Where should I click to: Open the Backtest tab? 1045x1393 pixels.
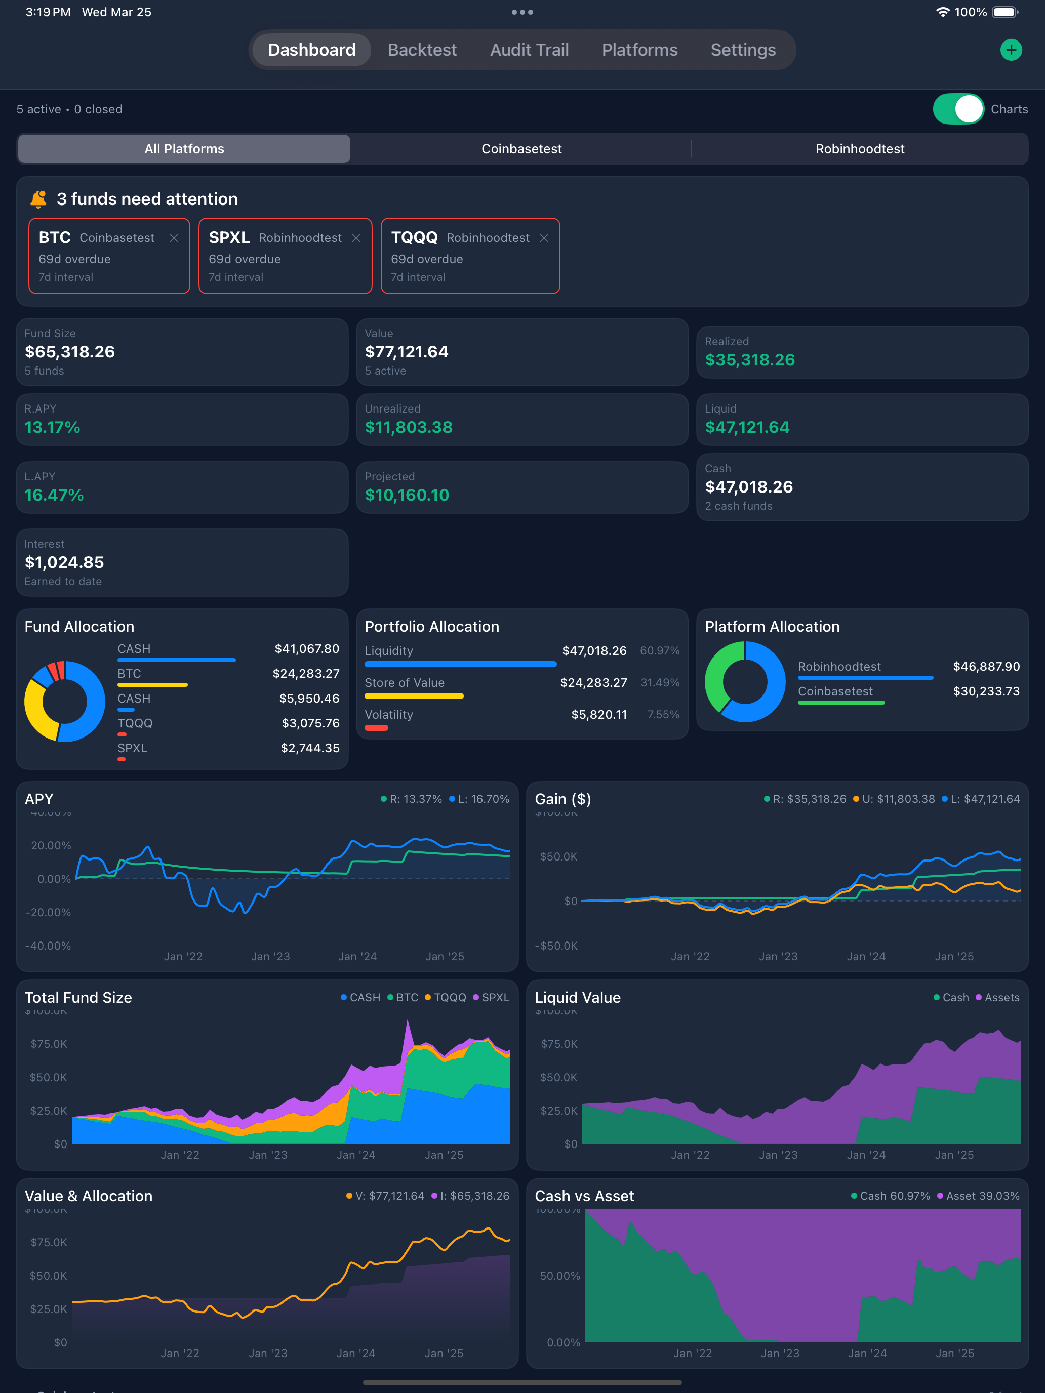[x=422, y=50]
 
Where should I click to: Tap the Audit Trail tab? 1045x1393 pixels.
[x=529, y=50]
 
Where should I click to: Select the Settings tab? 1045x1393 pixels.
[x=743, y=50]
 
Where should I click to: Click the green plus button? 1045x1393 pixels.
[x=1011, y=50]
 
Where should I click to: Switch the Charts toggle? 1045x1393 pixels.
[x=957, y=109]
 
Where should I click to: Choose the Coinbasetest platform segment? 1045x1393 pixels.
[x=521, y=149]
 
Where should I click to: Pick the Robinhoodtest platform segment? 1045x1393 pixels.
[x=859, y=149]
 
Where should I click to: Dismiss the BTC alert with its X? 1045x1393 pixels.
[x=174, y=238]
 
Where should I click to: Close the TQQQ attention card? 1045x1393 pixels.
[x=544, y=238]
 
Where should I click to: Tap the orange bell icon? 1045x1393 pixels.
[x=38, y=199]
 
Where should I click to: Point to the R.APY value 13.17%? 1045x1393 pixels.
[x=52, y=428]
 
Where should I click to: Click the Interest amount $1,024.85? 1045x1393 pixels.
[x=64, y=562]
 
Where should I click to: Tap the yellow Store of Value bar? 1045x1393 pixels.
[x=414, y=696]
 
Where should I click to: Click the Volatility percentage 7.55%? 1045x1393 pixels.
[x=663, y=715]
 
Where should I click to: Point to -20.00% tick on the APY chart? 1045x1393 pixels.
[x=48, y=912]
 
